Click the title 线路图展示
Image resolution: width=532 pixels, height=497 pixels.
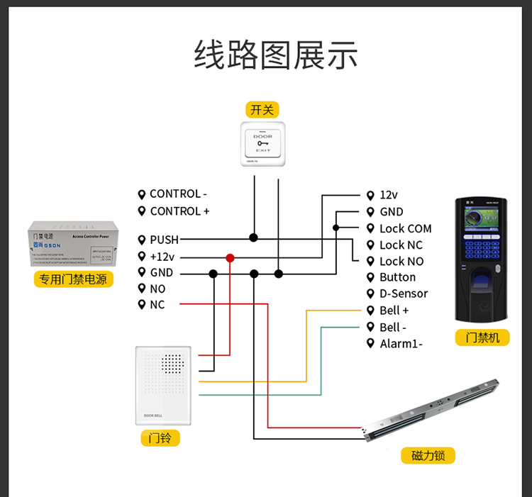[276, 55]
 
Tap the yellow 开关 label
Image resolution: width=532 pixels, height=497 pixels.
[261, 110]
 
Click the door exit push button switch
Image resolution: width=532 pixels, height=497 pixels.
[263, 144]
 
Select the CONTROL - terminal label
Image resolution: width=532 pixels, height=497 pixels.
[178, 194]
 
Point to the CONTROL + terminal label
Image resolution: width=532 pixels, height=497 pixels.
[179, 211]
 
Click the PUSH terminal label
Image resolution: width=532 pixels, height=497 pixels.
[164, 240]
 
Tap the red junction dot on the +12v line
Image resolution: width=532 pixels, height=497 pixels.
[230, 257]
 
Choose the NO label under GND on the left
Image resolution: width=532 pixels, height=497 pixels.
[157, 289]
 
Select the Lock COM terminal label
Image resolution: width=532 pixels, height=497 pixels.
[405, 228]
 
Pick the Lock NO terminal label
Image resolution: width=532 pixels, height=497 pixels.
[401, 261]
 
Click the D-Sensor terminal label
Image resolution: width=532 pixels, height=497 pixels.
[404, 294]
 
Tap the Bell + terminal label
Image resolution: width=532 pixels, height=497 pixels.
[394, 311]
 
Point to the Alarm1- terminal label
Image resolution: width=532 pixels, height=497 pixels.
[401, 344]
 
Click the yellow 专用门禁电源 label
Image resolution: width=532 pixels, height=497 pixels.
[73, 279]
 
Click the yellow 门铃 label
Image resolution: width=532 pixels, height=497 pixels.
[160, 438]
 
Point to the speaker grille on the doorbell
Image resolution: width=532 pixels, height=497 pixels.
[172, 364]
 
